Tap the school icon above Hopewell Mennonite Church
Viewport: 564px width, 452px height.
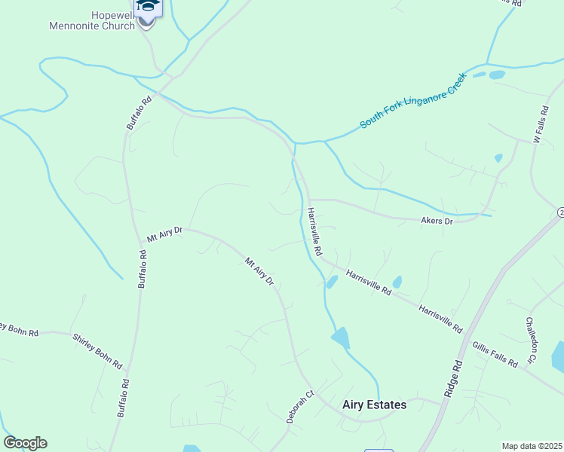point(148,7)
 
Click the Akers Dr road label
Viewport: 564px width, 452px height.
point(436,221)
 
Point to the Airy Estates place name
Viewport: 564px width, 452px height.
point(374,405)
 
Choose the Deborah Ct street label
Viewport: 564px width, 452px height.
point(299,407)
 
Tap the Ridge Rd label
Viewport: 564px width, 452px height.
point(452,377)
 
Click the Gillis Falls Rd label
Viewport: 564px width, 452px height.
point(495,353)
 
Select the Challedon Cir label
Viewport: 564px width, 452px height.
point(530,339)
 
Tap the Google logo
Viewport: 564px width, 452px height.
point(25,443)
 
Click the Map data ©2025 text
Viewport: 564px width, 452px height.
point(532,446)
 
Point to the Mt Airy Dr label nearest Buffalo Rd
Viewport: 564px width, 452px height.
point(164,234)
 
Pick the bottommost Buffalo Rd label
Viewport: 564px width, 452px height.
point(121,399)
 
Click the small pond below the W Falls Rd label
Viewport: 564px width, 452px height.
point(498,158)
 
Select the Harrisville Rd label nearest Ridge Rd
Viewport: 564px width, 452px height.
point(440,319)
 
